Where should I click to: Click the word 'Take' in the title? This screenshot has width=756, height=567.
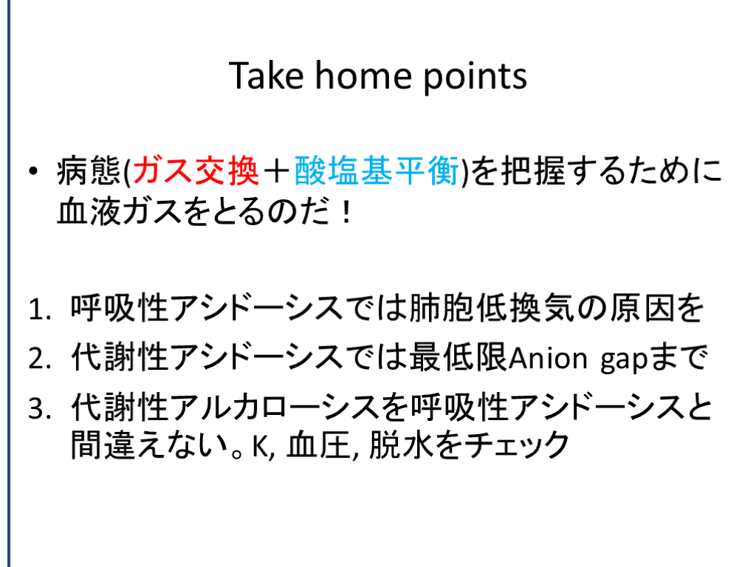click(266, 76)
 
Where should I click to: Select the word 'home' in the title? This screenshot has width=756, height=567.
click(363, 76)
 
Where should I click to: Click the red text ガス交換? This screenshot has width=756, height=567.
click(196, 171)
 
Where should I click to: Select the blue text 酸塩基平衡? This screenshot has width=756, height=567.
click(377, 171)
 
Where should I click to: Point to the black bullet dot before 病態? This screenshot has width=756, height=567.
click(32, 171)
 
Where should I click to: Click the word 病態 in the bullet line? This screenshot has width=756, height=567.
click(89, 171)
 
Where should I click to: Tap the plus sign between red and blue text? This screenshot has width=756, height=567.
click(277, 171)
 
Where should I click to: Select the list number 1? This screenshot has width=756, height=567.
click(39, 309)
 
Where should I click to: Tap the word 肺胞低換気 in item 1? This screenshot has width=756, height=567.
click(492, 308)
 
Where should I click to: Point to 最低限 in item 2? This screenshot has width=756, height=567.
click(458, 357)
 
